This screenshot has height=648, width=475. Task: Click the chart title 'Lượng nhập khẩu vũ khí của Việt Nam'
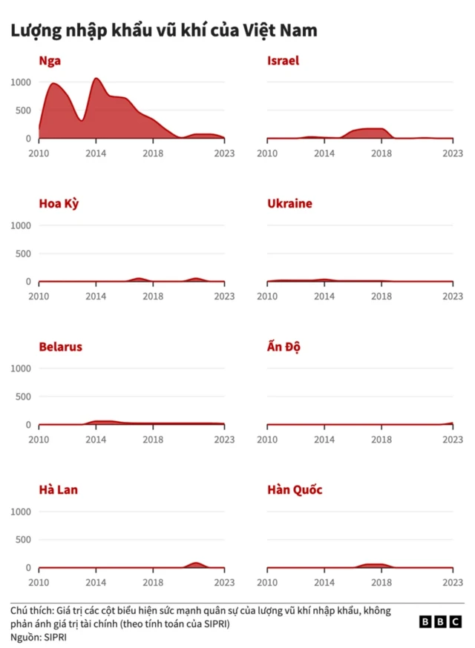click(x=163, y=31)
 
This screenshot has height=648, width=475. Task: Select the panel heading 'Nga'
click(x=50, y=61)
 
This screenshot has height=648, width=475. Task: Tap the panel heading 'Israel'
click(x=283, y=61)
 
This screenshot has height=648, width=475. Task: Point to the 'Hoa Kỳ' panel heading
click(x=59, y=204)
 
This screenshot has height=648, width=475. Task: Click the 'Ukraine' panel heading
click(x=289, y=204)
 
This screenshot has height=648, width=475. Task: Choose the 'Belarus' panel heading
click(x=60, y=347)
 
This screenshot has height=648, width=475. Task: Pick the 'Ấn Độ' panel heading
click(x=284, y=347)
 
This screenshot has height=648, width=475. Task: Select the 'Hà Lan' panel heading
click(x=58, y=490)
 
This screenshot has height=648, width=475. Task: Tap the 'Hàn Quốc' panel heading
click(x=295, y=490)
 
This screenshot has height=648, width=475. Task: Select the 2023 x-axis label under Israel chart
click(x=453, y=153)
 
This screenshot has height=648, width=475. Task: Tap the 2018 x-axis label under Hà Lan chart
click(x=154, y=583)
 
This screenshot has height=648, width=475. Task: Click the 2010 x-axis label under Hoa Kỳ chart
click(x=39, y=297)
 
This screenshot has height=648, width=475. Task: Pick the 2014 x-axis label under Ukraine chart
click(x=324, y=297)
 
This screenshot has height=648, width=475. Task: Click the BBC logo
click(x=440, y=622)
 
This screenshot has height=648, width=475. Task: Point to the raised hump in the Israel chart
click(x=367, y=132)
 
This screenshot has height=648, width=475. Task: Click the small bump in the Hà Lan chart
click(x=196, y=564)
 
